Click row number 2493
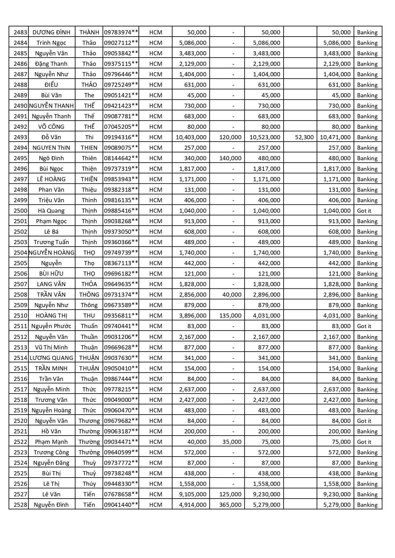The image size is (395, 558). pyautogui.click(x=20, y=137)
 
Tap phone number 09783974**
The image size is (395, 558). pyautogui.click(x=121, y=32)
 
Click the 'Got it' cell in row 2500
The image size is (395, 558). pyautogui.click(x=364, y=210)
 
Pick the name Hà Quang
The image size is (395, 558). pyautogui.click(x=51, y=210)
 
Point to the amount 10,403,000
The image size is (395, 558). pyautogui.click(x=191, y=137)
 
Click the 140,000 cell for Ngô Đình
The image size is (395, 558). pyautogui.click(x=230, y=158)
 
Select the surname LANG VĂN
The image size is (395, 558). pyautogui.click(x=51, y=284)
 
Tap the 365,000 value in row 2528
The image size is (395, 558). pyautogui.click(x=230, y=505)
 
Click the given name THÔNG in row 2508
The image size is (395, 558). pyautogui.click(x=89, y=294)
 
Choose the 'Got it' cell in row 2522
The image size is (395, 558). pyautogui.click(x=364, y=442)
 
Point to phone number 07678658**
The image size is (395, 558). pyautogui.click(x=121, y=494)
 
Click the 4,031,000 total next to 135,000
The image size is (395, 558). pyautogui.click(x=267, y=315)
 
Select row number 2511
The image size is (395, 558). pyautogui.click(x=20, y=326)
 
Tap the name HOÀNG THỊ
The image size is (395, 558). pyautogui.click(x=51, y=315)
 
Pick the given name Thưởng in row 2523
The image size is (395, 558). pyautogui.click(x=89, y=452)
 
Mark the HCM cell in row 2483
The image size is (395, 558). pyautogui.click(x=155, y=32)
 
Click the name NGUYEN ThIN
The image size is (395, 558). pyautogui.click(x=51, y=148)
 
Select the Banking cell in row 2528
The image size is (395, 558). pyautogui.click(x=367, y=505)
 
